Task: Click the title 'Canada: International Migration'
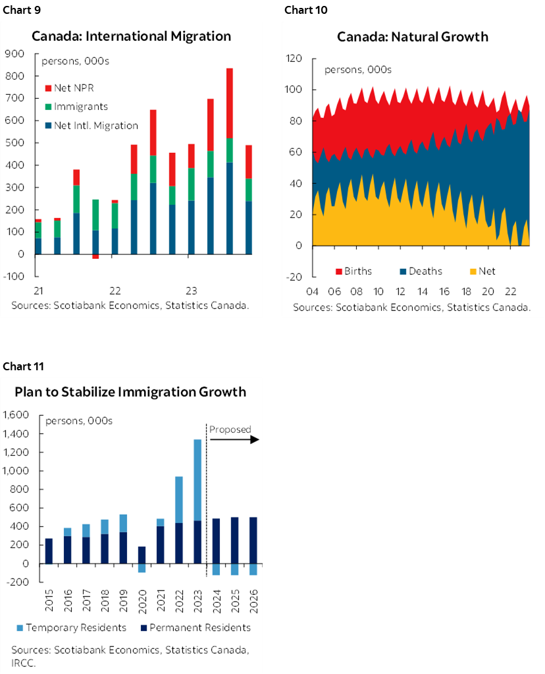[x=132, y=36]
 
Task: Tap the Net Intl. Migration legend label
[x=91, y=126]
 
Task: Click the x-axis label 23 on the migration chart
[x=192, y=291]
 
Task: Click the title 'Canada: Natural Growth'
[x=413, y=36]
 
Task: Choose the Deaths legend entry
[x=419, y=271]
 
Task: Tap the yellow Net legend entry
[x=481, y=271]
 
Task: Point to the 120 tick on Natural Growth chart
[x=294, y=59]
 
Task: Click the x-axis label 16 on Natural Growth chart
[x=445, y=291]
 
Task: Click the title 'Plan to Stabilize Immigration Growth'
[x=130, y=392]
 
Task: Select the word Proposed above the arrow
[x=230, y=430]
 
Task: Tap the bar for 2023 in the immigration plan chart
[x=197, y=501]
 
